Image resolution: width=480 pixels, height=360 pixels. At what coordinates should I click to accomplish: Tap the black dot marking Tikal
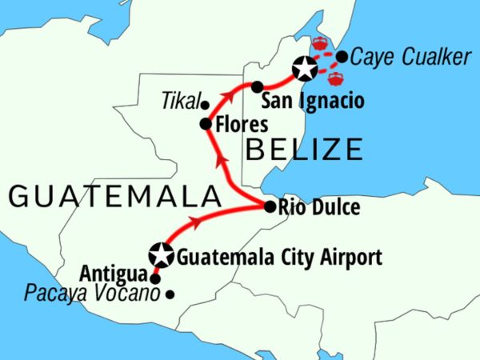[x=205, y=105]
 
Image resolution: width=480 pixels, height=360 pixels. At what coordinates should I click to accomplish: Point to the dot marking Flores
[x=205, y=125]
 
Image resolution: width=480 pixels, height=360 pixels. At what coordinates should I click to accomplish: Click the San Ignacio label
[x=313, y=102]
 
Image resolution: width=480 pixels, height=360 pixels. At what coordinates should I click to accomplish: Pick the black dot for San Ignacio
[x=257, y=86]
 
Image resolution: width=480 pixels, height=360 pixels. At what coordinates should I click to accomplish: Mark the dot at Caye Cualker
[x=342, y=57]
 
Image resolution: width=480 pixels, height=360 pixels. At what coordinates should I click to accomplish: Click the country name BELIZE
[x=306, y=149]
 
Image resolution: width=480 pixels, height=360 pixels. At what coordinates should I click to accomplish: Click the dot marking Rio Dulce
[x=270, y=206]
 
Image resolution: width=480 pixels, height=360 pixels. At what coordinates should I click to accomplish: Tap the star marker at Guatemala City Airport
[x=162, y=255]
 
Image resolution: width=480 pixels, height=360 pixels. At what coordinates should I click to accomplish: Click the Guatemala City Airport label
[x=278, y=258]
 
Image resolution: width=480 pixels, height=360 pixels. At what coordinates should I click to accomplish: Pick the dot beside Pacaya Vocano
[x=170, y=294]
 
